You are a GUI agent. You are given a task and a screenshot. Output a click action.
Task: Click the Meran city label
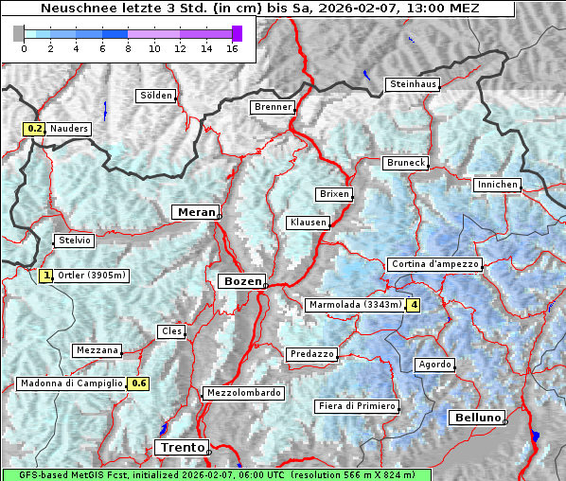click(x=194, y=212)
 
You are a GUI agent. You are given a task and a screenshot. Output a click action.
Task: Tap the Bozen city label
click(x=240, y=281)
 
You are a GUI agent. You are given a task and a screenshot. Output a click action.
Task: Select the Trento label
click(x=180, y=447)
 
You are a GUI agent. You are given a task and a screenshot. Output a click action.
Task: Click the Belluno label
click(x=475, y=418)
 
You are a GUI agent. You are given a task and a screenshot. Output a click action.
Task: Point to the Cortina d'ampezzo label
click(x=434, y=264)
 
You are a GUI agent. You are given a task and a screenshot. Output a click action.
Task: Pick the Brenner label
click(x=273, y=107)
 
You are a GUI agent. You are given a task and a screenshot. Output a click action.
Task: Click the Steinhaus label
click(x=414, y=84)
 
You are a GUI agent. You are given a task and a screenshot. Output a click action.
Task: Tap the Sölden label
click(x=156, y=96)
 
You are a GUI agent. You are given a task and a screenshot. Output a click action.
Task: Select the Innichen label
click(x=497, y=185)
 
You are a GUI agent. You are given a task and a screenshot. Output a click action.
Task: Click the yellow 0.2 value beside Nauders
click(x=35, y=129)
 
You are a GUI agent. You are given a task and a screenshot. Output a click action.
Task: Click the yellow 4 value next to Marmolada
click(x=413, y=305)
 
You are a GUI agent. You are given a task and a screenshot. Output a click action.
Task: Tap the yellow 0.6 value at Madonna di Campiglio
click(x=139, y=383)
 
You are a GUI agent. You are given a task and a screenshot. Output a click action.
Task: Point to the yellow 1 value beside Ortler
click(x=47, y=276)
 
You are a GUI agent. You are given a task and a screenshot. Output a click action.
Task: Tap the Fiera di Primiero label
click(x=357, y=406)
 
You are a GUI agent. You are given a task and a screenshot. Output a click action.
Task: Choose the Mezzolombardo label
click(x=242, y=393)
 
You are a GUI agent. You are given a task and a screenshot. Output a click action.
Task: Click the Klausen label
click(x=308, y=223)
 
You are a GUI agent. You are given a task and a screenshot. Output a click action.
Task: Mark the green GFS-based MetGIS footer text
click(x=216, y=474)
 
